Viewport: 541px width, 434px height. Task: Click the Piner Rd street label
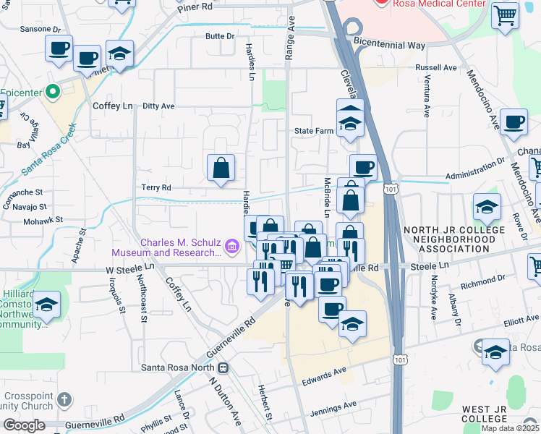[x=196, y=7]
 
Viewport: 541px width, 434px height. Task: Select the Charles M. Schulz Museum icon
[x=232, y=247]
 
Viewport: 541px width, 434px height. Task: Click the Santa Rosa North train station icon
[x=223, y=367]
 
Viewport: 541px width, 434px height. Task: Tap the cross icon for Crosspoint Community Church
[x=64, y=399]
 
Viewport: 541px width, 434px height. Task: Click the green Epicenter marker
[x=51, y=93]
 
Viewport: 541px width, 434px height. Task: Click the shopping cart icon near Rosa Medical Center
[x=505, y=14]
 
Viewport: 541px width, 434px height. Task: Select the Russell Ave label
[x=436, y=68]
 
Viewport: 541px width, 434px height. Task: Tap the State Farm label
[x=312, y=131]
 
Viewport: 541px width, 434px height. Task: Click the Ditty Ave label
[x=158, y=106]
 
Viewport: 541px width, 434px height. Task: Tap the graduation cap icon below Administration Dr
[x=487, y=206]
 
